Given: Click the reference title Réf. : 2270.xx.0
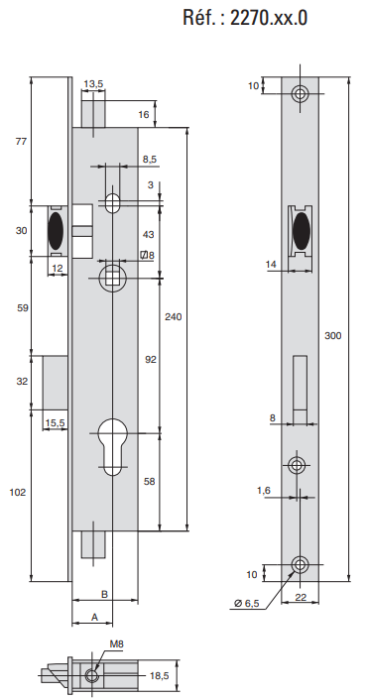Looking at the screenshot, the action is [245, 18].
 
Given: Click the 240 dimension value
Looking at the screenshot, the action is [174, 317].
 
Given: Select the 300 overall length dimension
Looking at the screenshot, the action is [332, 336].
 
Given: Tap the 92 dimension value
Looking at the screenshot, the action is [151, 359].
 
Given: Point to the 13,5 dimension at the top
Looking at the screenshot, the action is [93, 83].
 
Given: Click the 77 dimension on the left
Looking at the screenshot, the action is [21, 142].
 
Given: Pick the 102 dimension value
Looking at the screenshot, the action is [18, 492].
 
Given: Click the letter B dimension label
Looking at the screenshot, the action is [104, 594].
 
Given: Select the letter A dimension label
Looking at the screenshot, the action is [94, 617].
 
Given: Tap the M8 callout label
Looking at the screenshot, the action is [116, 643].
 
